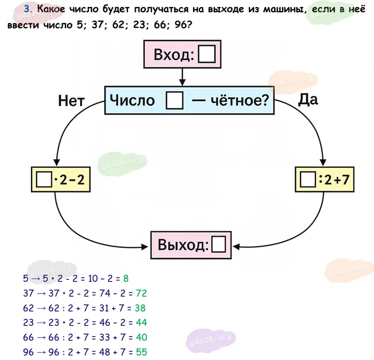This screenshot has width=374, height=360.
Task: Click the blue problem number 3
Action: click(x=28, y=9)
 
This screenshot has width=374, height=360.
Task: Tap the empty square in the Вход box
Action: click(x=207, y=56)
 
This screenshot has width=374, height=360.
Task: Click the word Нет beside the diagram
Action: click(x=71, y=101)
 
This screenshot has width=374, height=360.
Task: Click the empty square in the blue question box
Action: click(x=175, y=101)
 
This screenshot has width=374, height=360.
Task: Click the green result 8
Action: click(x=126, y=279)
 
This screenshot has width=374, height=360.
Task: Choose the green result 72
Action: click(x=141, y=294)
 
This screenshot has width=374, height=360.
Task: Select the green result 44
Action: click(x=141, y=323)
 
